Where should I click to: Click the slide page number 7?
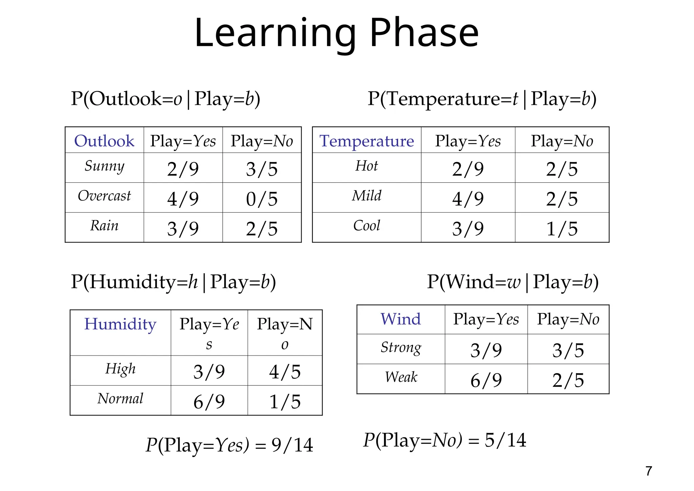tap(649, 471)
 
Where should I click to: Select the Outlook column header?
tap(104, 141)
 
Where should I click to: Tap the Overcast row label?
tap(104, 196)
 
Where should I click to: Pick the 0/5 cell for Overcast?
tap(262, 199)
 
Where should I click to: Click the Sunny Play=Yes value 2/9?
tap(183, 169)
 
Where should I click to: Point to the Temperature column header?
tap(367, 141)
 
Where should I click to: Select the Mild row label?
tap(367, 196)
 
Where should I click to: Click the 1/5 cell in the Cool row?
tap(562, 229)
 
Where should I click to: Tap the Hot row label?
tap(367, 166)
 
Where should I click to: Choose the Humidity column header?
tap(120, 324)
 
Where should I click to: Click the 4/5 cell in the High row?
tap(285, 372)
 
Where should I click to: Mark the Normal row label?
tap(120, 399)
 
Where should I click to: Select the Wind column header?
tap(401, 319)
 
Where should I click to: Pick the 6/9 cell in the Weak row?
tap(486, 380)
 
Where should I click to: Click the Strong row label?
tap(401, 348)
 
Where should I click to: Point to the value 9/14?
tap(292, 445)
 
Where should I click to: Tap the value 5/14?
tap(505, 440)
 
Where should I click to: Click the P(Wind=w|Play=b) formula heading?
tap(512, 282)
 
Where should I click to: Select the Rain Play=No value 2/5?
tap(262, 229)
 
